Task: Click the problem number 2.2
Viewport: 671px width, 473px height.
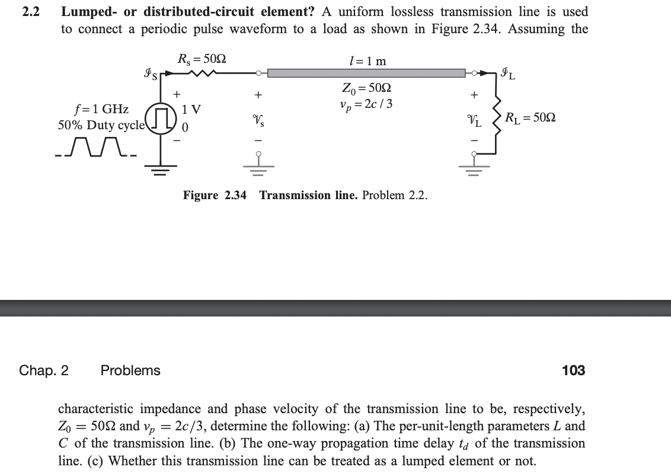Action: coord(30,12)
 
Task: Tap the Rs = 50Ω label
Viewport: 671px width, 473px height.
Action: coord(202,59)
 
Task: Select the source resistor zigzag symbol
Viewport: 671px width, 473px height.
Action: coord(202,73)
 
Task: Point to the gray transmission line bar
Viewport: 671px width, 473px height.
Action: coord(366,73)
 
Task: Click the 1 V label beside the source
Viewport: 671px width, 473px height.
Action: coord(191,110)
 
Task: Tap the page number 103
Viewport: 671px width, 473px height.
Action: coord(573,370)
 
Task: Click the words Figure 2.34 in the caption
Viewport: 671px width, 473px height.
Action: coord(215,195)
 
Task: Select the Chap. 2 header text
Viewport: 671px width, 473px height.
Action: coord(44,370)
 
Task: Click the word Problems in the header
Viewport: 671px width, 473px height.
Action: coord(130,370)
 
